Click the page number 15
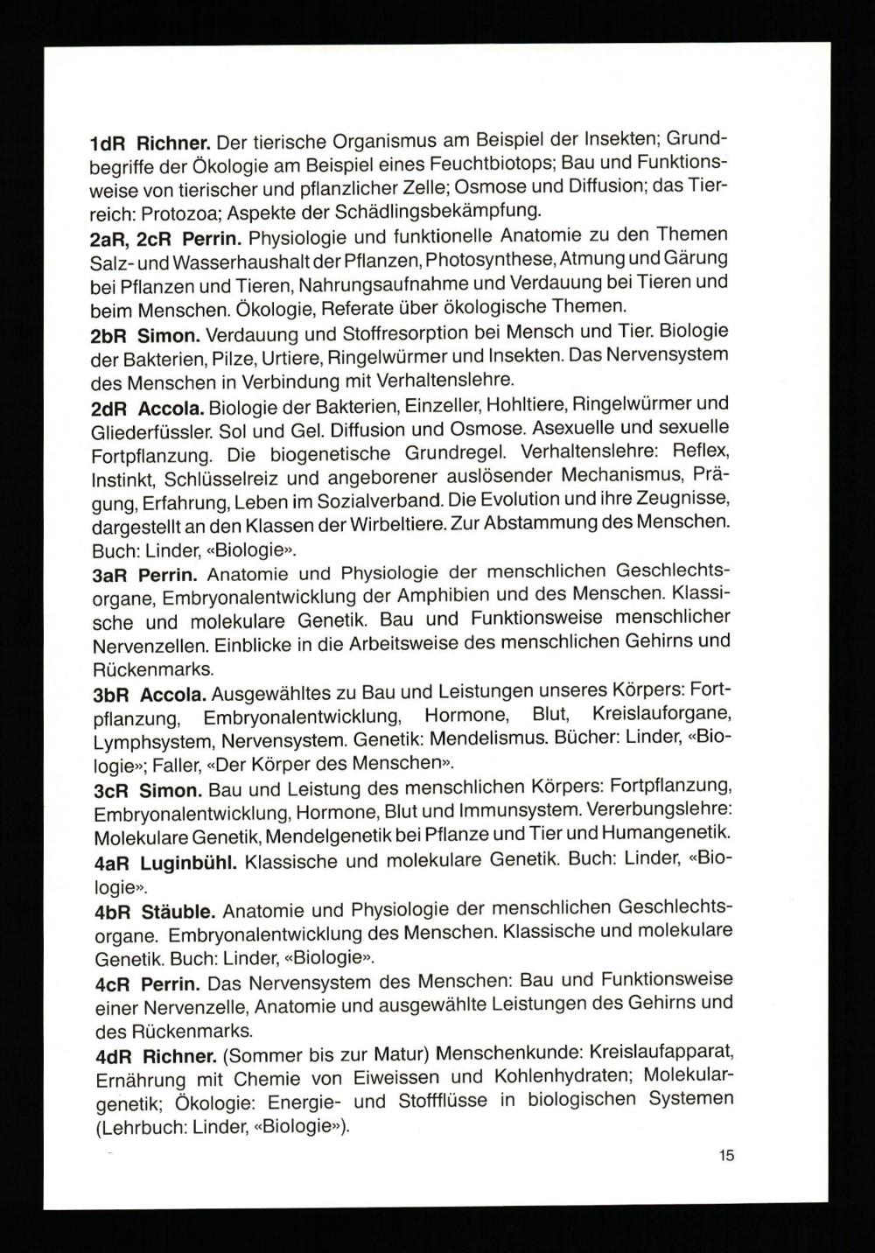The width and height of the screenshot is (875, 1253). click(726, 1156)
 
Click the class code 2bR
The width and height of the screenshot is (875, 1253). click(110, 335)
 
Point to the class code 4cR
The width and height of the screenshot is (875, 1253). click(112, 983)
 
